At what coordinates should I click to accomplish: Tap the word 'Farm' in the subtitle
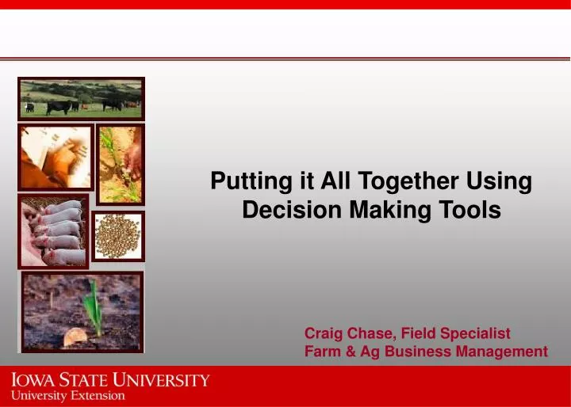coord(322,352)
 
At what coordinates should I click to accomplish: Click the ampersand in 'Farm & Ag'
coord(350,352)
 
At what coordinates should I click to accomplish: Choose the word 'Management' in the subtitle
coord(498,352)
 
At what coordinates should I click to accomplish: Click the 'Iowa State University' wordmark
coord(110,380)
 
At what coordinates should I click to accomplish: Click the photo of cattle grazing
coord(81,97)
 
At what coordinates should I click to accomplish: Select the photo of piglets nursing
coord(53,231)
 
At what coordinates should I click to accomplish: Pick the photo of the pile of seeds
coord(118,235)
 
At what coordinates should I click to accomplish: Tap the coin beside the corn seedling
coord(75,337)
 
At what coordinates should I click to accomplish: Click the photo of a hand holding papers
coord(56,156)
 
